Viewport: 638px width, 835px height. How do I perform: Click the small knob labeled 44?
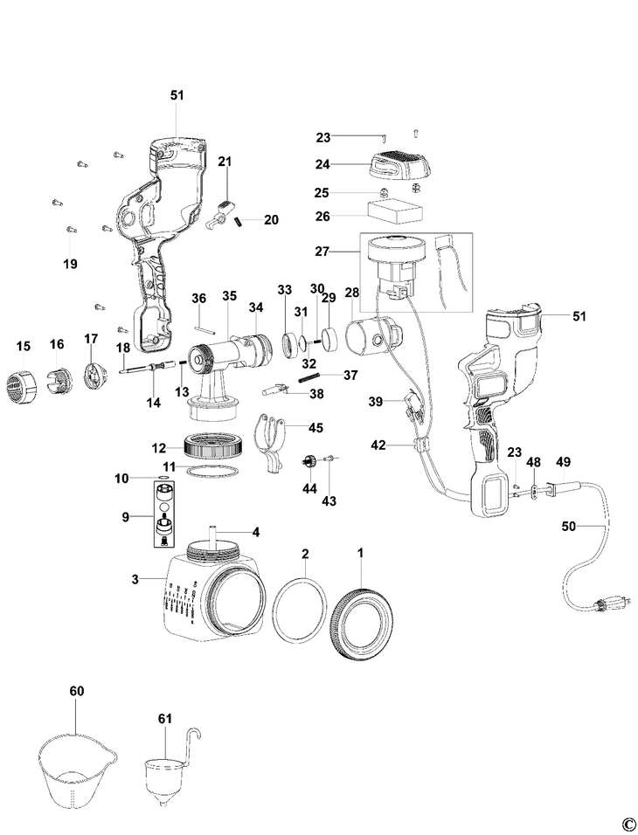tap(308, 462)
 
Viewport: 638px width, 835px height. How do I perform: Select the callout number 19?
tap(69, 264)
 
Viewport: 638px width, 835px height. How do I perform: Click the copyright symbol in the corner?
tap(627, 822)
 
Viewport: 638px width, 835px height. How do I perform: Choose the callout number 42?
tap(378, 445)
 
